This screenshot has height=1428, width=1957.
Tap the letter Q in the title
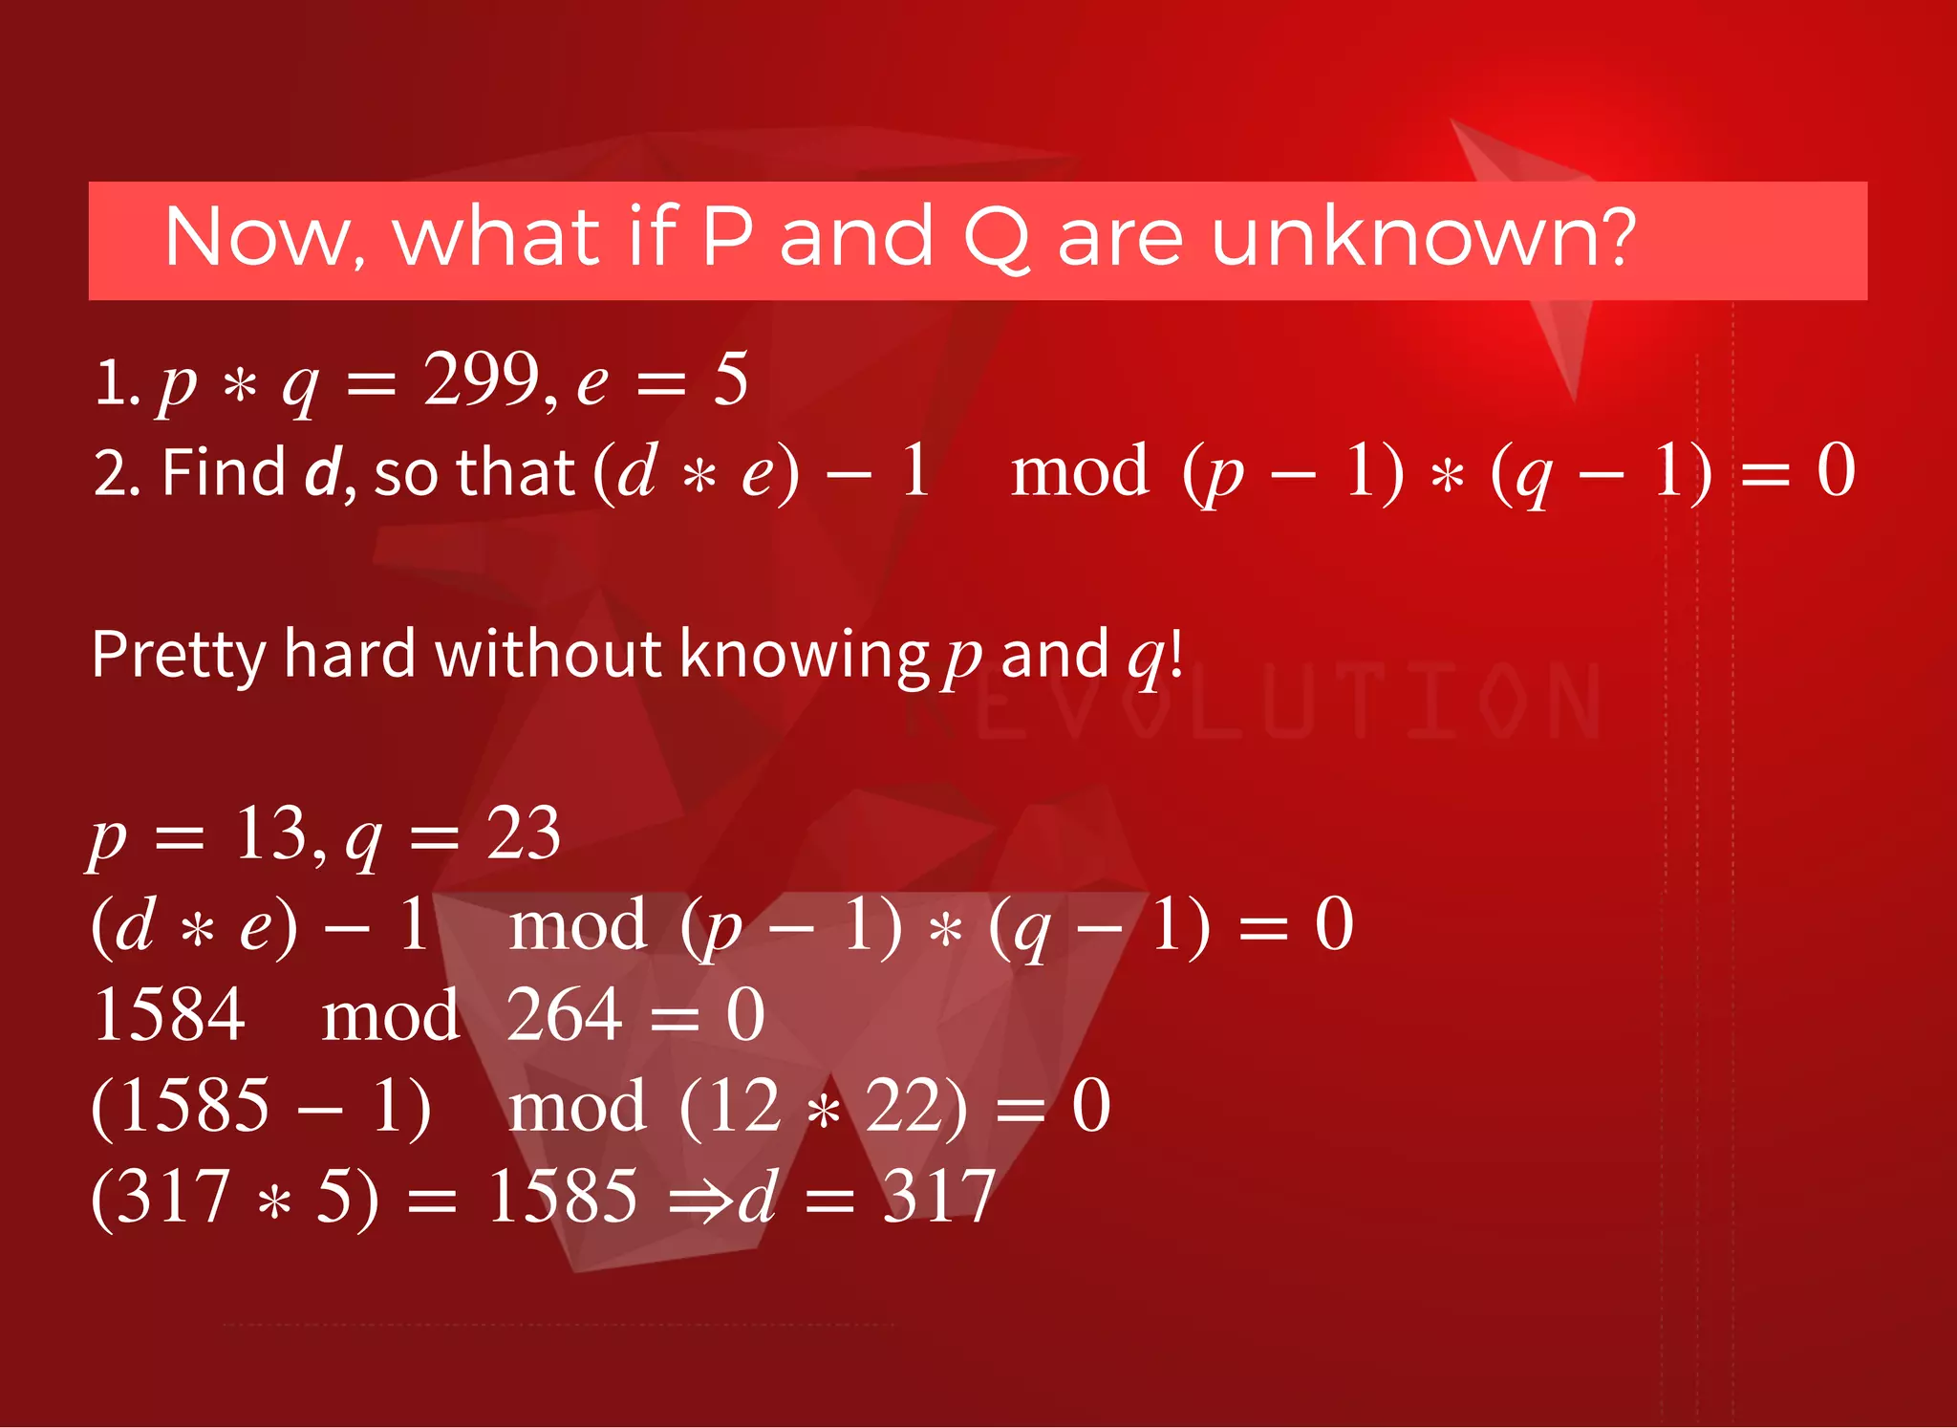coord(996,239)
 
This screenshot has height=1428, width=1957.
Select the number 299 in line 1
coord(483,379)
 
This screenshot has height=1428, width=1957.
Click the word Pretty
coord(178,657)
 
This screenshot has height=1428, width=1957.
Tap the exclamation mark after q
coord(1175,655)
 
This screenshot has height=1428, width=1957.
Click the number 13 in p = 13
coord(270,833)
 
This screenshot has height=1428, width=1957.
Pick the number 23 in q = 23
coord(523,833)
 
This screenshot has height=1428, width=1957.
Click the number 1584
coord(169,1014)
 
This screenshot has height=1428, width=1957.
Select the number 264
coord(564,1014)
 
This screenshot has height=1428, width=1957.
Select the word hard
coord(350,655)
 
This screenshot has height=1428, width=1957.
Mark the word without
coord(548,655)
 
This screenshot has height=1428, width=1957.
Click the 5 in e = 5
coord(731,379)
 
